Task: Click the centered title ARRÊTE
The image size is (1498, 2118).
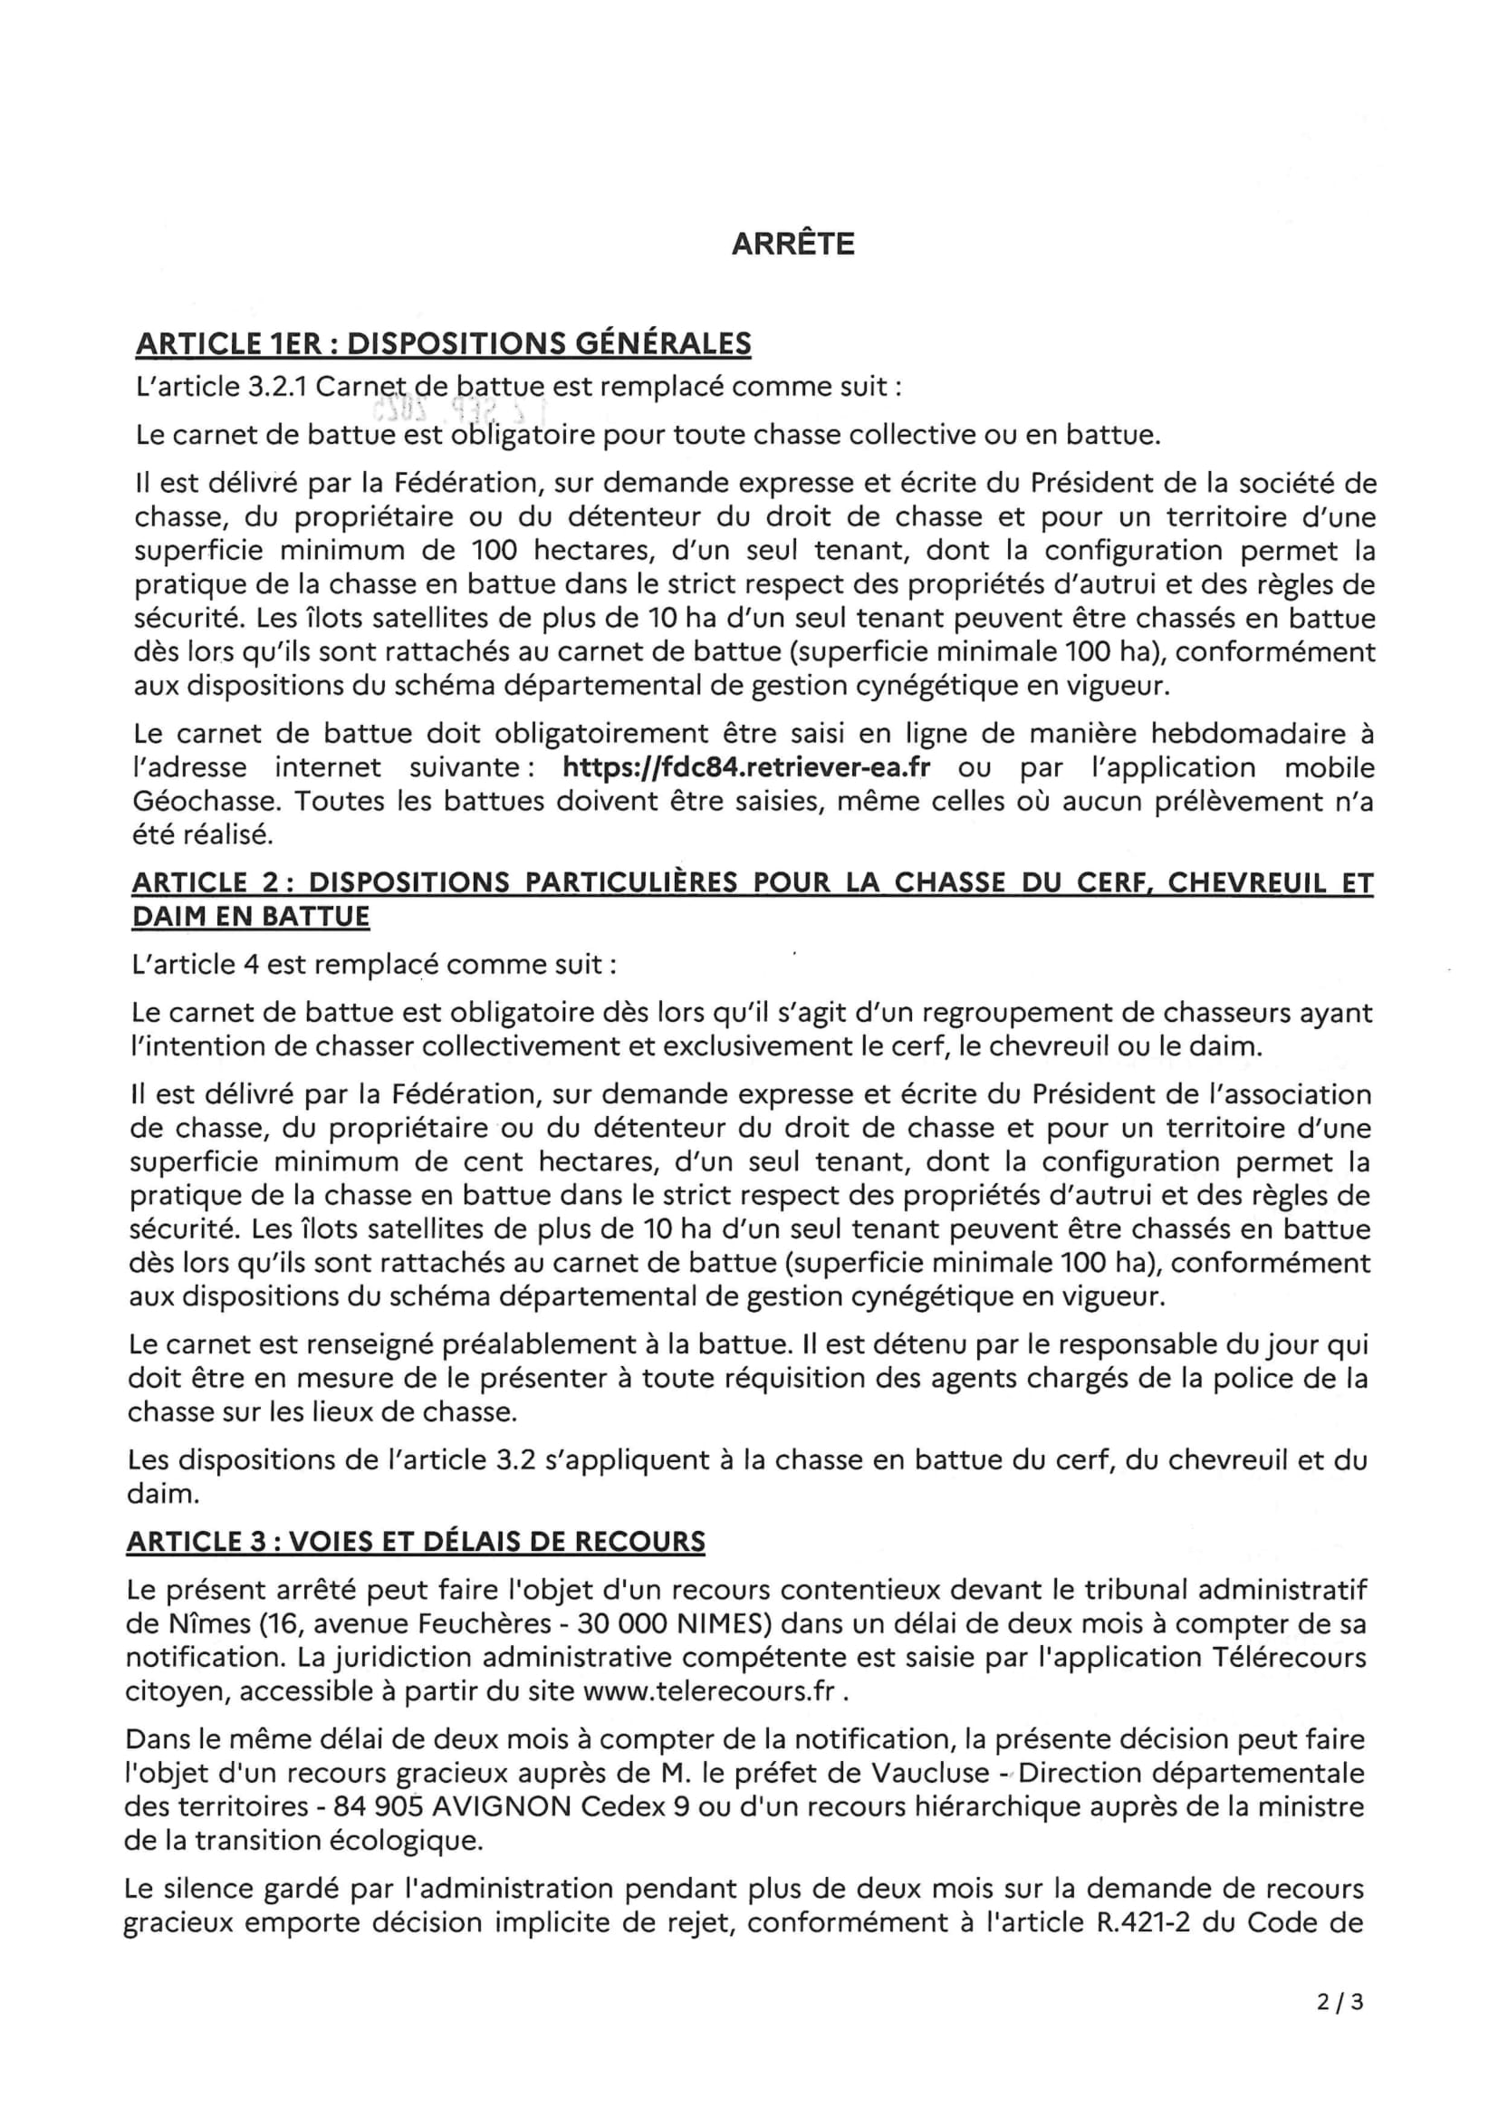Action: pos(792,244)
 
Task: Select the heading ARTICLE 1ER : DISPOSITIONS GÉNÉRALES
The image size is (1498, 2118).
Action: pos(443,343)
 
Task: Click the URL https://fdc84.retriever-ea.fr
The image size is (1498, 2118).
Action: pos(746,767)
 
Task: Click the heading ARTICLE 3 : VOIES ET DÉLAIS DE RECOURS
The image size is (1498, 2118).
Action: pos(416,1542)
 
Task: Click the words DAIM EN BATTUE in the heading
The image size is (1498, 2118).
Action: pos(250,917)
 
